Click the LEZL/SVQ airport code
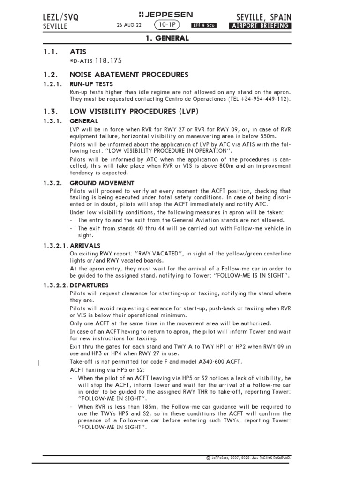pos(60,17)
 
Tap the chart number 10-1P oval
pos(167,25)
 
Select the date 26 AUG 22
pos(128,26)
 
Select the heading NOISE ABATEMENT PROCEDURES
pos(129,75)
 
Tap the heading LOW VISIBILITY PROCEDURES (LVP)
pos(134,112)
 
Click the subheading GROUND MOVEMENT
pos(102,183)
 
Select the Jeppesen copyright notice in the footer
pos(249,457)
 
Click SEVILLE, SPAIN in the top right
pos(263,17)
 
